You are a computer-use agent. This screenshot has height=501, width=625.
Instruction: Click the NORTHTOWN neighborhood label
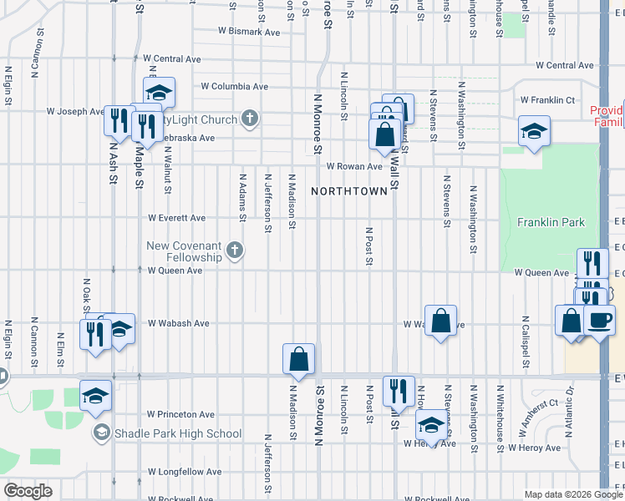(349, 191)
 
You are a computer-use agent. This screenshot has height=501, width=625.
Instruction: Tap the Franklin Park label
(551, 222)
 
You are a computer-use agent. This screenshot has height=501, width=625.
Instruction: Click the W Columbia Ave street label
(235, 86)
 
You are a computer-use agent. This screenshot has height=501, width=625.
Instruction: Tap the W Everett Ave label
(176, 218)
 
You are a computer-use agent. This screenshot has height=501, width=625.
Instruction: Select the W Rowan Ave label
(353, 166)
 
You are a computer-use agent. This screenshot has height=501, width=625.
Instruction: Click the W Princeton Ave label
(180, 414)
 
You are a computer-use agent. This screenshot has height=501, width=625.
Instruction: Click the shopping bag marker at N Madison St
(298, 360)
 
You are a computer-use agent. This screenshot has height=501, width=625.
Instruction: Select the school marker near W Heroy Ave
(431, 424)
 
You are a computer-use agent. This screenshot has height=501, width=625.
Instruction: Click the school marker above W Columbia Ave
(159, 91)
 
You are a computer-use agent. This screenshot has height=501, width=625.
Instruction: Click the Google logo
(28, 491)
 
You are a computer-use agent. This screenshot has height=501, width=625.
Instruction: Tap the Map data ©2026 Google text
(572, 494)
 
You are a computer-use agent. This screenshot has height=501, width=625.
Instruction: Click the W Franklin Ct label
(547, 99)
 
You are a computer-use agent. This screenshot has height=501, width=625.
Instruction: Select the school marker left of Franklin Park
(533, 131)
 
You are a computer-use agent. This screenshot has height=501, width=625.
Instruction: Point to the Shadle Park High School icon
(102, 433)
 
